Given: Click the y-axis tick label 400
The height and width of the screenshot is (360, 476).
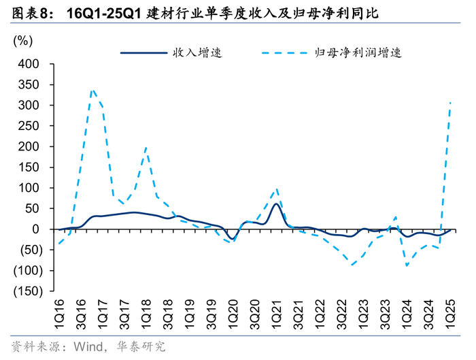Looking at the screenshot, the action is [x=29, y=64].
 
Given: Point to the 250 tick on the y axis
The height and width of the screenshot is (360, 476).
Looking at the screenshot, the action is [x=29, y=126].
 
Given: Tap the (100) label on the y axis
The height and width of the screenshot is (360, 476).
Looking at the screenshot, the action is [x=28, y=270].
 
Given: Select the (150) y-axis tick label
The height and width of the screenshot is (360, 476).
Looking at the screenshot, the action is [x=28, y=291].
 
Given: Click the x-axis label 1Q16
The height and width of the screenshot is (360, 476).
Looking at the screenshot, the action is [x=60, y=314].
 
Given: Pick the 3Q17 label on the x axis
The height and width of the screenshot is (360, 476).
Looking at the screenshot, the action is [x=124, y=314].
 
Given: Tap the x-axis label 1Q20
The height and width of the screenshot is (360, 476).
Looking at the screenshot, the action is [x=233, y=314].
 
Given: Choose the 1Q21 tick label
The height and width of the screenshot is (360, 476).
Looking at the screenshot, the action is [x=277, y=314].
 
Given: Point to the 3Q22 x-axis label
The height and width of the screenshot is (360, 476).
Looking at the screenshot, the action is [x=342, y=314].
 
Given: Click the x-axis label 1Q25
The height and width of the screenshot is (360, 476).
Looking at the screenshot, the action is [x=450, y=314].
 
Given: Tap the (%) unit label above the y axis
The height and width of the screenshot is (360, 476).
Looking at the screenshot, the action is [x=22, y=41].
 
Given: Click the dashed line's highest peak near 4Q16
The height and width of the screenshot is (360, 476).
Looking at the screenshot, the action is [x=93, y=90].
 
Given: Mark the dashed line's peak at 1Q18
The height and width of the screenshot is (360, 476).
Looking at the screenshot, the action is [x=146, y=148].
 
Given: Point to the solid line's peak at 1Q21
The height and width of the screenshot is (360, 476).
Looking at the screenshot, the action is [x=276, y=203].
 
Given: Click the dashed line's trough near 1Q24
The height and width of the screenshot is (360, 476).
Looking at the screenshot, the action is [x=407, y=266].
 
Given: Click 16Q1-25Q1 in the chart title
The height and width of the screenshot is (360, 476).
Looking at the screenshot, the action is [x=104, y=14].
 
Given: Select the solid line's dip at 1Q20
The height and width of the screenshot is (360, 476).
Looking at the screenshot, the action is [x=233, y=239].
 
